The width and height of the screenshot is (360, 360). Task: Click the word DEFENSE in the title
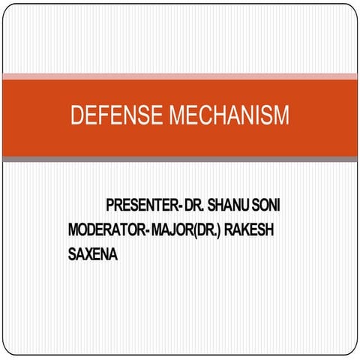click(117, 116)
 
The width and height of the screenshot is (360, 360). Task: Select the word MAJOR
click(171, 229)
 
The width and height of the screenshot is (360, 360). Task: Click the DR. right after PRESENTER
click(191, 205)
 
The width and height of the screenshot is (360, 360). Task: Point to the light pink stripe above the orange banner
click(180, 76)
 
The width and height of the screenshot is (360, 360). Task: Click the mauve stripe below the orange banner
click(180, 159)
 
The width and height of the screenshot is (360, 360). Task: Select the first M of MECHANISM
click(178, 116)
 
